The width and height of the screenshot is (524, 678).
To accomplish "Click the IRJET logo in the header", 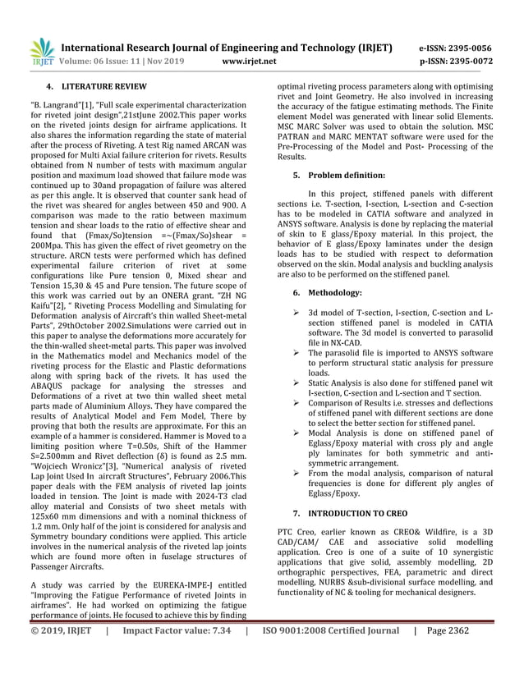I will pos(41,52).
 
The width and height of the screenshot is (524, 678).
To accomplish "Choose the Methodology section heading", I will pos(340,292).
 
